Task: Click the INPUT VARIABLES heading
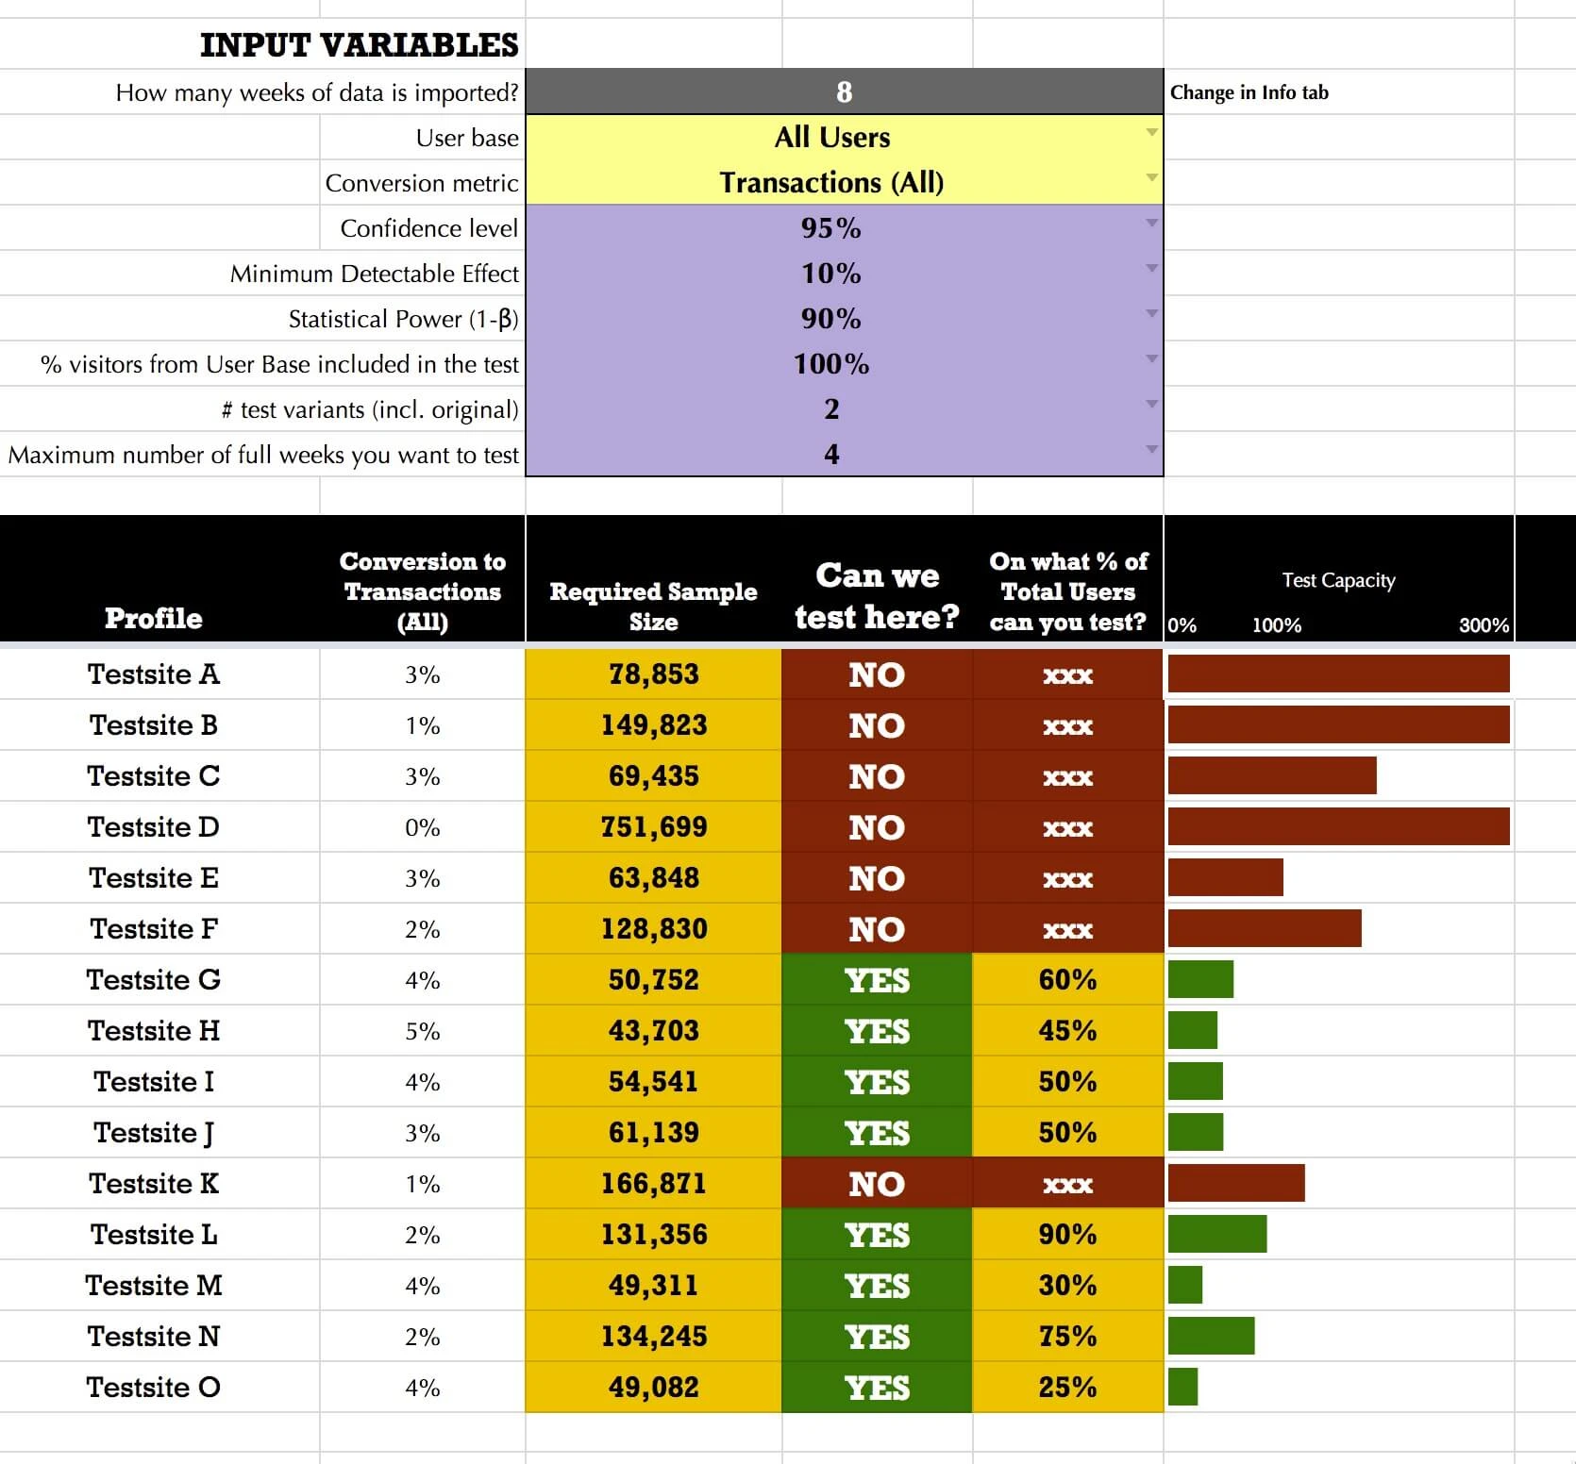pos(359,45)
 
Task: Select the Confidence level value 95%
pos(831,228)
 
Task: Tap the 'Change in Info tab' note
pos(1249,92)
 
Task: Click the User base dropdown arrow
pos(1151,133)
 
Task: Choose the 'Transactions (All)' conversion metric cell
pos(831,183)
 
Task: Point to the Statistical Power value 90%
pos(831,319)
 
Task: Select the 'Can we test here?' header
pos(877,595)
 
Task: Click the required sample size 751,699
pos(653,827)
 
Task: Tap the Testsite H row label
pos(154,1031)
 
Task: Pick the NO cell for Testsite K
pos(877,1184)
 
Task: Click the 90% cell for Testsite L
pos(1067,1235)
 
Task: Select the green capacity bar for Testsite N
pos(1211,1337)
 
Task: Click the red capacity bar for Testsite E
pos(1225,878)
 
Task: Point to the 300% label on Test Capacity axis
pos(1484,625)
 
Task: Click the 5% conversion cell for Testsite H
pos(422,1031)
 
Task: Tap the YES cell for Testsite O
pos(877,1388)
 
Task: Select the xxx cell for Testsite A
pos(1067,675)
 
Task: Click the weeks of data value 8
pos(844,92)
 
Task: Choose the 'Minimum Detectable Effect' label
pos(374,274)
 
